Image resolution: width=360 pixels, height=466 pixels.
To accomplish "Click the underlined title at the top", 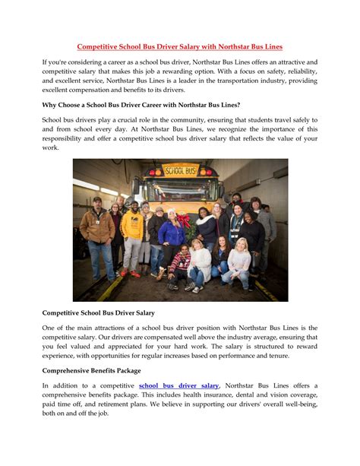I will coord(180,47).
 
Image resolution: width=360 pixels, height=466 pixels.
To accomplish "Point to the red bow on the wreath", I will coord(183,220).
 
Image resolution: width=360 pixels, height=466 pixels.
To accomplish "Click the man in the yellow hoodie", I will coord(132,232).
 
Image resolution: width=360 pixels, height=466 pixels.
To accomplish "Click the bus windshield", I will coord(181,190).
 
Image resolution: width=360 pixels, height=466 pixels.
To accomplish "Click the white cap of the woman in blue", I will coord(171,211).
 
